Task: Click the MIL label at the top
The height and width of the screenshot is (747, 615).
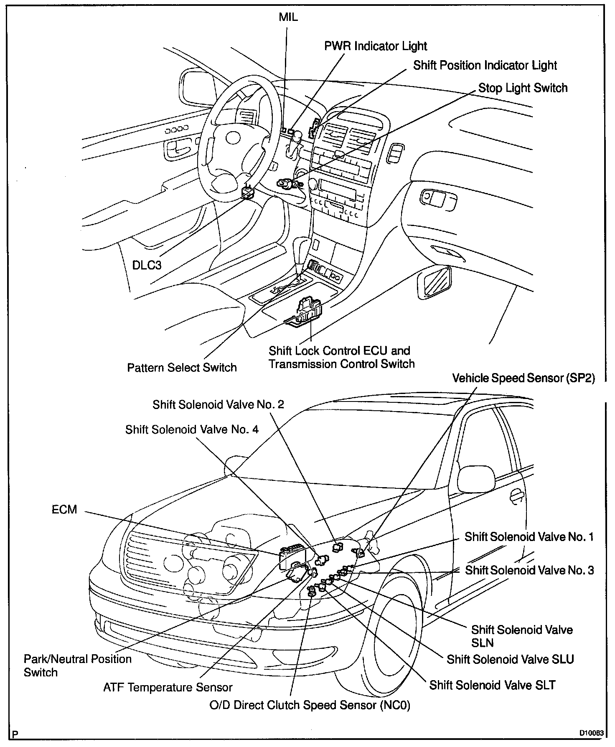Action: (x=288, y=18)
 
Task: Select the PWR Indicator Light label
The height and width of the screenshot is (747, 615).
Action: (x=376, y=46)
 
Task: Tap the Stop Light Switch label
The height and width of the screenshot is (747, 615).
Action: (x=523, y=88)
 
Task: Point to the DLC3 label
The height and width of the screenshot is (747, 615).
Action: (x=147, y=265)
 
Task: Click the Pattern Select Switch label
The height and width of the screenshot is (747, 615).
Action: (x=182, y=367)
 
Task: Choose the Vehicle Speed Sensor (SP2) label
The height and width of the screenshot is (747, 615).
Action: (x=524, y=378)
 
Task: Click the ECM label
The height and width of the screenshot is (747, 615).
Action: (x=64, y=510)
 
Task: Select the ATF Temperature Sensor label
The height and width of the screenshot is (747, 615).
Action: (x=168, y=687)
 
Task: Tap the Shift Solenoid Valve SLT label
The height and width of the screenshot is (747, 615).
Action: (x=493, y=685)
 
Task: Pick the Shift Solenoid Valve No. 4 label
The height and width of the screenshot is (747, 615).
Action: (x=192, y=429)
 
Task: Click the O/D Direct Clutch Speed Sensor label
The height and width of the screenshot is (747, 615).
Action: (x=310, y=705)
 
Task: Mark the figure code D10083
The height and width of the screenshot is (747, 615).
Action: (x=591, y=733)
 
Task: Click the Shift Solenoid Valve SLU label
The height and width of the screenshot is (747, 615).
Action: (x=510, y=659)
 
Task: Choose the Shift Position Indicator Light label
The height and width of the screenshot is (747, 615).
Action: (x=485, y=66)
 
